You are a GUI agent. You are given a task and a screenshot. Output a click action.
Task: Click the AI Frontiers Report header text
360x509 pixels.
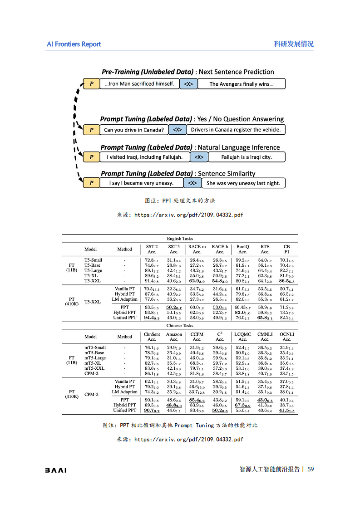74,44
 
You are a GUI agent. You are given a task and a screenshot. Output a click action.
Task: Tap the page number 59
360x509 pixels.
311,469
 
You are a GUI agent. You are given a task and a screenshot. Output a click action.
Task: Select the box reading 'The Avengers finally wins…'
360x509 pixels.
241,84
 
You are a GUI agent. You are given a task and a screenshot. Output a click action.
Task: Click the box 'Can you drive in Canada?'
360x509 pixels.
133,130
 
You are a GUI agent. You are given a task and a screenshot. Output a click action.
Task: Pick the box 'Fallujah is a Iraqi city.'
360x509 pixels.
246,157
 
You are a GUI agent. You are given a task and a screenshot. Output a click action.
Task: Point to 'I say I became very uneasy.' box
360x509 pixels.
141,183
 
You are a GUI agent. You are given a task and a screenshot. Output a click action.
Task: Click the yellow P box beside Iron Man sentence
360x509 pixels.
91,84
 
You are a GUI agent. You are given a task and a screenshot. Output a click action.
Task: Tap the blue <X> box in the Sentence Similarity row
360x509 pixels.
192,183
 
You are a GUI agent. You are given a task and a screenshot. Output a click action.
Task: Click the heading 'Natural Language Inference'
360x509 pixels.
238,147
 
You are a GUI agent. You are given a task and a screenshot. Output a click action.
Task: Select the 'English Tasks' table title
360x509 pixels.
180,239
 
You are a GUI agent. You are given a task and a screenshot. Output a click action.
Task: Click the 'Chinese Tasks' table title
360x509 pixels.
180,326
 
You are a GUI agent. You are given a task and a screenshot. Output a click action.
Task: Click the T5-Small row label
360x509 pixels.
93,260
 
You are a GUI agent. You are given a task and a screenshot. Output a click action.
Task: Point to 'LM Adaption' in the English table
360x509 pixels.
124,299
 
